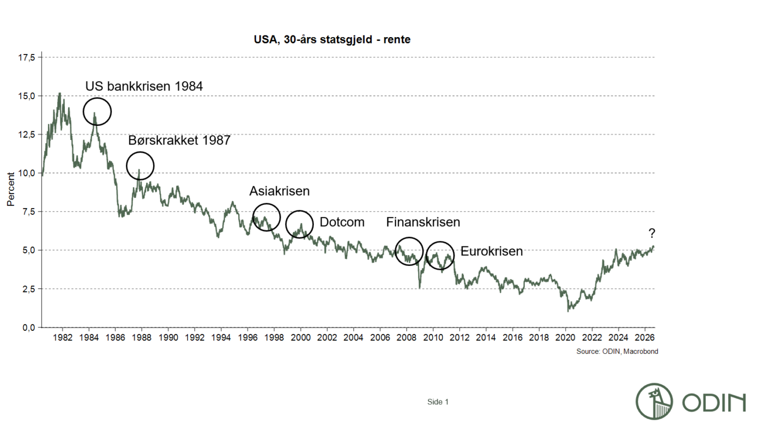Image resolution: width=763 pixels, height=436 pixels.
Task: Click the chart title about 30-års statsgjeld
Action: click(x=332, y=39)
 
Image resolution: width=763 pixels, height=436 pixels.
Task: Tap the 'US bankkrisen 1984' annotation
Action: click(x=144, y=86)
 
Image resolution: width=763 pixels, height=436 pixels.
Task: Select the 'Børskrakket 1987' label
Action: click(x=179, y=141)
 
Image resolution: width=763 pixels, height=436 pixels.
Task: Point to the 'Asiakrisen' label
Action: click(x=279, y=191)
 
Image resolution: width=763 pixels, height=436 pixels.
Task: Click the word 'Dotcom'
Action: click(x=342, y=222)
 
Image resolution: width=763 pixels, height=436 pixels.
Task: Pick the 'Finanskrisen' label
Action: click(x=423, y=222)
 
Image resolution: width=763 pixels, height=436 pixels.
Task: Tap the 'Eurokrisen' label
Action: click(x=492, y=251)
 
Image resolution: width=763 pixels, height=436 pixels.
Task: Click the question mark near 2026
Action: click(x=652, y=233)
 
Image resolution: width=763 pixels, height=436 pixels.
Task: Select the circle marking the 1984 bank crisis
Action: click(x=84, y=112)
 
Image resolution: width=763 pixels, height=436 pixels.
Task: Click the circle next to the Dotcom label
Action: click(x=286, y=225)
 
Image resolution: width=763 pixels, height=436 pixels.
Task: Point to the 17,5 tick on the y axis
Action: click(x=27, y=58)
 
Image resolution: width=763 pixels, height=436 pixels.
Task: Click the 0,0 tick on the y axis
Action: click(x=28, y=328)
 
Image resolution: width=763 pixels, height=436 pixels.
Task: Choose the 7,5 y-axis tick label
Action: click(x=28, y=212)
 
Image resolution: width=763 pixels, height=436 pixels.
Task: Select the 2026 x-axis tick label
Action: click(x=645, y=337)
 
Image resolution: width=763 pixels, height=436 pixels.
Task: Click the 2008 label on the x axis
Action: click(x=407, y=337)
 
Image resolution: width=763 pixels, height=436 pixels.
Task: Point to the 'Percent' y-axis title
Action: click(x=10, y=190)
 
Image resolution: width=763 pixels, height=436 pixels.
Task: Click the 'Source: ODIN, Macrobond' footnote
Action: click(x=617, y=352)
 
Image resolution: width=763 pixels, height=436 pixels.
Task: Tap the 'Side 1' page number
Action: click(x=438, y=402)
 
